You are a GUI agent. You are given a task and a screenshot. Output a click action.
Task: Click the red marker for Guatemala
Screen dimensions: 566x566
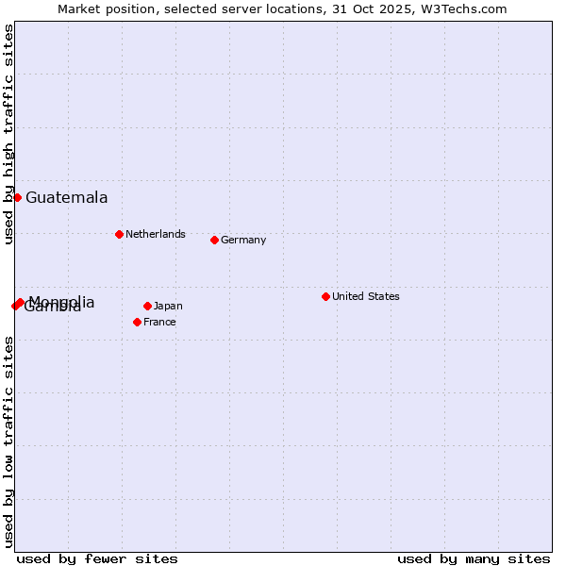click(17, 197)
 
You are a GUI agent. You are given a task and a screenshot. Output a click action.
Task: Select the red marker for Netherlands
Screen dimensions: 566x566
click(119, 234)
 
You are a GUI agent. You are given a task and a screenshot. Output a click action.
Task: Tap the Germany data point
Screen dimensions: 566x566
click(214, 240)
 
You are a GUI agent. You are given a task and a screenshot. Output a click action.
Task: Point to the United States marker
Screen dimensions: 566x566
click(325, 296)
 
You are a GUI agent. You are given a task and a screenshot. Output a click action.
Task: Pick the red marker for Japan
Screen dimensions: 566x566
click(147, 306)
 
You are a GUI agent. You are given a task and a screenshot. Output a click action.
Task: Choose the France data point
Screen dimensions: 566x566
click(137, 322)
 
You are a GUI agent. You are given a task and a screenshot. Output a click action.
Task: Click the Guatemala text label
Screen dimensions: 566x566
click(66, 198)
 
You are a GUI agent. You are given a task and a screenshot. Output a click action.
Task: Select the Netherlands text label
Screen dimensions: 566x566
click(156, 234)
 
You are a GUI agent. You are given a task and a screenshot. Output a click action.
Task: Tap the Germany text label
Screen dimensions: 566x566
click(243, 240)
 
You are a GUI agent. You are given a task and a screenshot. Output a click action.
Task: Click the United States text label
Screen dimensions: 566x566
click(366, 296)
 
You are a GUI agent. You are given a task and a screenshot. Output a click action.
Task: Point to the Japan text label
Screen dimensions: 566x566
click(168, 306)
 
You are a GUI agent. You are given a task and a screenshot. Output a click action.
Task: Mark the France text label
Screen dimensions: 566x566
click(160, 322)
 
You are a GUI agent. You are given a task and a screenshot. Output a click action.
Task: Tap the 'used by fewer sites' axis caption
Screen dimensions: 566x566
click(97, 558)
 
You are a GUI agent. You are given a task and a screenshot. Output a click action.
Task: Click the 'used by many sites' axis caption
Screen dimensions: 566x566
click(474, 558)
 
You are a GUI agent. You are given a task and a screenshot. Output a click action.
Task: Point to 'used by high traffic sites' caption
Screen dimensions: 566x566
click(8, 134)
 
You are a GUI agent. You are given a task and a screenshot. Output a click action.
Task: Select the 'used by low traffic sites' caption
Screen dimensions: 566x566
click(8, 441)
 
